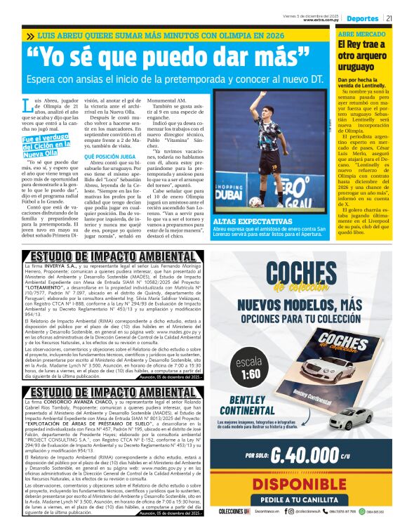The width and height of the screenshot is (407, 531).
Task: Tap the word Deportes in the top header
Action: [x=363, y=18]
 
